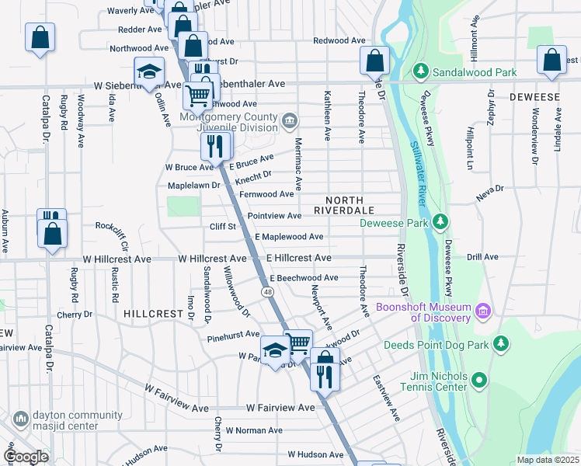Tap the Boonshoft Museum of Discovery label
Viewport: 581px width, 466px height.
click(423, 312)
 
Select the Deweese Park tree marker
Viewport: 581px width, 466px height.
click(440, 223)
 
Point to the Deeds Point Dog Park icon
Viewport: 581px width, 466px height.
click(501, 343)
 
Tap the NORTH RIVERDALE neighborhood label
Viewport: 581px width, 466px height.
click(344, 210)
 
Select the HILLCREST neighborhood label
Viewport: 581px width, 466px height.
click(152, 313)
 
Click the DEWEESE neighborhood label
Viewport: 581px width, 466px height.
click(535, 97)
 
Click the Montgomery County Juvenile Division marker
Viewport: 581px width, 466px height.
click(290, 120)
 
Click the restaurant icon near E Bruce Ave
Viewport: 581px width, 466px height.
click(214, 145)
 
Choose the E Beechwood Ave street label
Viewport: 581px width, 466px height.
click(304, 278)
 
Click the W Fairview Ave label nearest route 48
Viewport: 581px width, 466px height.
click(280, 407)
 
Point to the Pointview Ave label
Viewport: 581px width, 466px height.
click(274, 216)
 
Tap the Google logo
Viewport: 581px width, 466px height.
click(25, 457)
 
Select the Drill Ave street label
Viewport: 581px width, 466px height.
click(482, 257)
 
